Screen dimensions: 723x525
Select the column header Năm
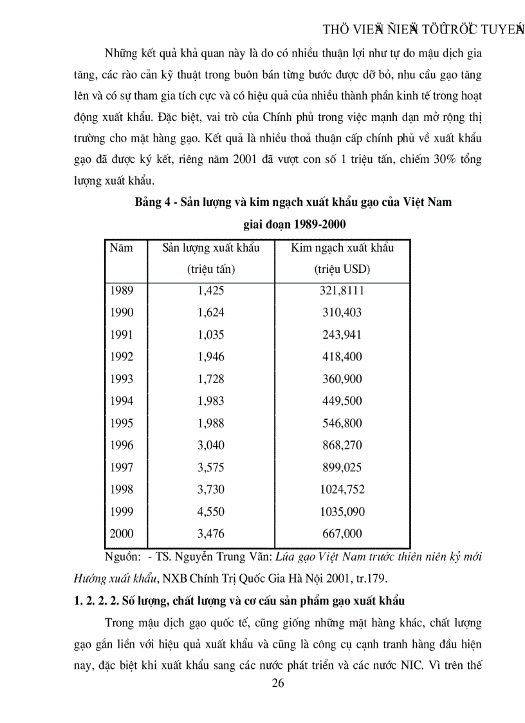(121, 248)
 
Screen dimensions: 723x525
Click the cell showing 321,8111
(342, 290)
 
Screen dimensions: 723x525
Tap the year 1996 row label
(122, 445)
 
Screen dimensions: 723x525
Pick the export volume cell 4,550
(211, 511)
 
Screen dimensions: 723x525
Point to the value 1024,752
(342, 489)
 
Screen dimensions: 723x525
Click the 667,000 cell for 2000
(342, 533)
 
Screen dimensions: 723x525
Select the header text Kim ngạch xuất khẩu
(342, 248)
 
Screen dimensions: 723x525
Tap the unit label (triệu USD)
(342, 270)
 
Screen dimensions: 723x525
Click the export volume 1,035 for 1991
(211, 334)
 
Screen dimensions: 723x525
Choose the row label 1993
(122, 379)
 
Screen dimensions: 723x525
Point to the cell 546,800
(342, 423)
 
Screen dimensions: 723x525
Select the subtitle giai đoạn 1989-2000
(294, 224)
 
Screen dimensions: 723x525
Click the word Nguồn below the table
(120, 556)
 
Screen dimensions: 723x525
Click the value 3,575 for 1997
(211, 467)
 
